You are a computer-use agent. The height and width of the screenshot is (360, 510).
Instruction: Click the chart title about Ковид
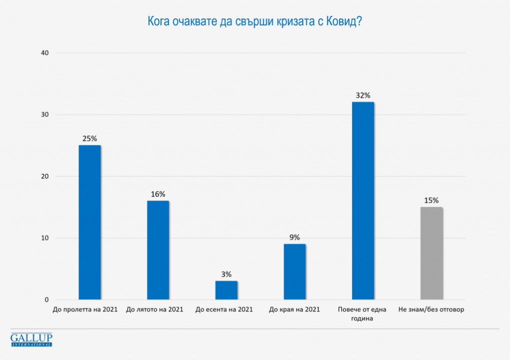click(255, 22)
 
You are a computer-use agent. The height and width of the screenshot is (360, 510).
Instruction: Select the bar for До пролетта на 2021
click(90, 222)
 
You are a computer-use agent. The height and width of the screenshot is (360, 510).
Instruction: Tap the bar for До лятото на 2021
click(158, 250)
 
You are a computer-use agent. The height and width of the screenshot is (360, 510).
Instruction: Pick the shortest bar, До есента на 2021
click(226, 290)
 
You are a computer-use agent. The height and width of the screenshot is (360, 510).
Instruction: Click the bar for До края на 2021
click(295, 272)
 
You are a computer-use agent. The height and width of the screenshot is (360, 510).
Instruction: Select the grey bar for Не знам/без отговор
click(432, 253)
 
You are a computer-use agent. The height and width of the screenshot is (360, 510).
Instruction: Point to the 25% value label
click(90, 138)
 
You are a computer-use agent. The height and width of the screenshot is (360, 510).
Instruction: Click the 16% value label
click(158, 194)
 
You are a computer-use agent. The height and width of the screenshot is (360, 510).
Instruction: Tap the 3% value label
click(226, 274)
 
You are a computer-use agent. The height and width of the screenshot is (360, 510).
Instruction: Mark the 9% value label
click(295, 237)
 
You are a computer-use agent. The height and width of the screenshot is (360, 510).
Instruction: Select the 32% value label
click(363, 95)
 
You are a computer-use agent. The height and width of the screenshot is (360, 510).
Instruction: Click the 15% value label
click(432, 200)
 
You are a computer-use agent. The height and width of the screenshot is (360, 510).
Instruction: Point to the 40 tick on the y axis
click(44, 53)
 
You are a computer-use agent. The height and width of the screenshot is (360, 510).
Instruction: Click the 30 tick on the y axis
click(44, 114)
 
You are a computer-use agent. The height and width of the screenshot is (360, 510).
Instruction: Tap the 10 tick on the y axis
click(44, 238)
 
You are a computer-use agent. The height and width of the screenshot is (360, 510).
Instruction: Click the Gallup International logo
click(31, 339)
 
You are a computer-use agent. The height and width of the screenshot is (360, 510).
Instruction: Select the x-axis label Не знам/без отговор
click(432, 309)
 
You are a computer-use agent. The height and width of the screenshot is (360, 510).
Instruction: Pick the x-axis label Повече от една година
click(363, 313)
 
